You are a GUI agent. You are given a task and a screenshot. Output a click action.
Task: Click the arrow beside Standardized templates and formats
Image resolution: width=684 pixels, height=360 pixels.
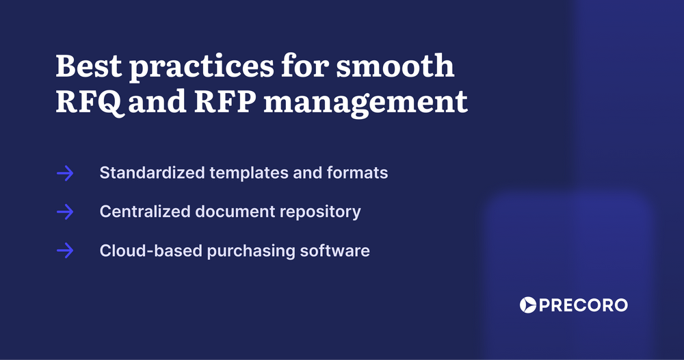[x=65, y=173]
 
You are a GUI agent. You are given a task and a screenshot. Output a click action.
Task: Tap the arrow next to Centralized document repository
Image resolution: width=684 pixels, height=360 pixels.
[x=65, y=212]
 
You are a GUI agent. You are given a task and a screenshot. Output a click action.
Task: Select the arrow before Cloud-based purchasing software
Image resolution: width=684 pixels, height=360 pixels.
[x=65, y=251]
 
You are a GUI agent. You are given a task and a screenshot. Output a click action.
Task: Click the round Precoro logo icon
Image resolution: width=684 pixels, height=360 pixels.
[x=527, y=305]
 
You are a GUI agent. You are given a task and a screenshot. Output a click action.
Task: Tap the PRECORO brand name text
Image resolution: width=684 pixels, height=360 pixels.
[x=583, y=305]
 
